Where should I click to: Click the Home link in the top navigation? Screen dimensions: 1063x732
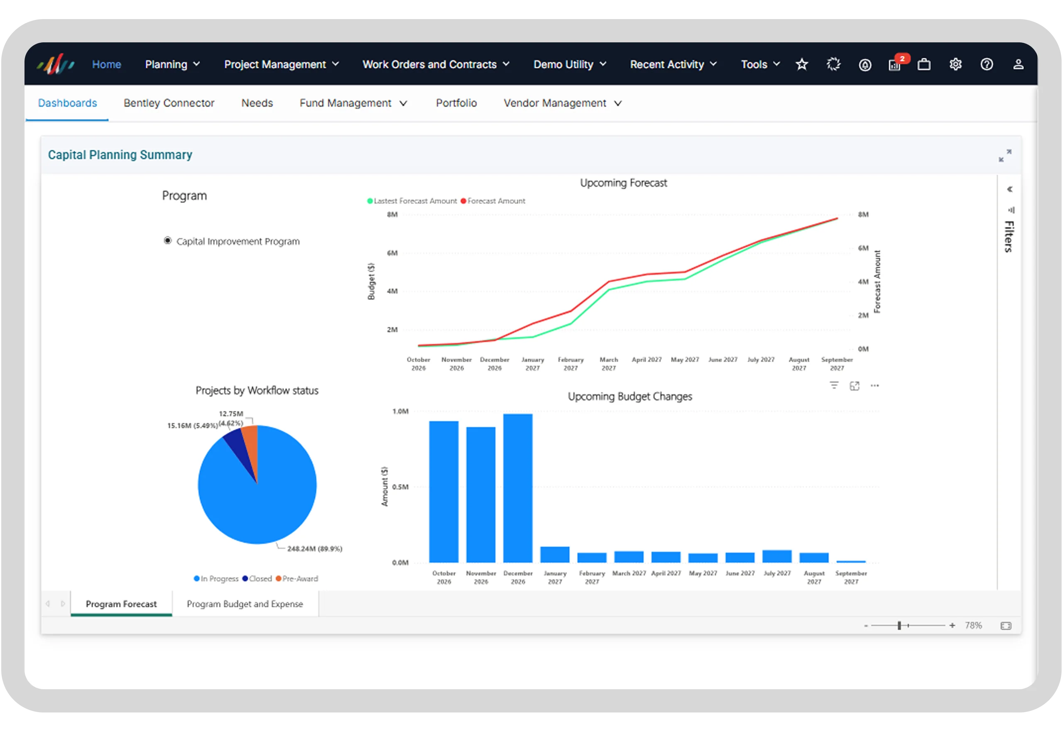(x=106, y=64)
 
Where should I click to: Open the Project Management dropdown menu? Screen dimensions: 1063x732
(x=281, y=64)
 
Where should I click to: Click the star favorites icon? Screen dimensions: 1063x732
(x=801, y=64)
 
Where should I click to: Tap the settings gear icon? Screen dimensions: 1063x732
(x=955, y=64)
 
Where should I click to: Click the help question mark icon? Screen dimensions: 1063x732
(x=987, y=64)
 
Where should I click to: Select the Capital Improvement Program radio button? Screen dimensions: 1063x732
(x=167, y=241)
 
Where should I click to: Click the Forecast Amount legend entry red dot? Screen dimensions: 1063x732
(x=463, y=201)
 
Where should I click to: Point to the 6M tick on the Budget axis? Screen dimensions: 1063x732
(x=392, y=253)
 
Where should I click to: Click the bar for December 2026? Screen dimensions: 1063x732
(x=518, y=488)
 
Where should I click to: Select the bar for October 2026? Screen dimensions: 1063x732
(x=443, y=492)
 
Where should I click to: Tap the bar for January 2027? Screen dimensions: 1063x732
(x=555, y=555)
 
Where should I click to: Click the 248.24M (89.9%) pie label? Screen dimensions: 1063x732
(x=315, y=549)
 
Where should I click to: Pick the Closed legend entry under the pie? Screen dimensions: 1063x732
(x=257, y=579)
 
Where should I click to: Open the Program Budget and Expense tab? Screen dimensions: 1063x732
(x=245, y=604)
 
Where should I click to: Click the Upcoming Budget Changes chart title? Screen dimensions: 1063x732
(x=629, y=396)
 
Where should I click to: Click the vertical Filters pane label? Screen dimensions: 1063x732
(x=1009, y=236)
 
